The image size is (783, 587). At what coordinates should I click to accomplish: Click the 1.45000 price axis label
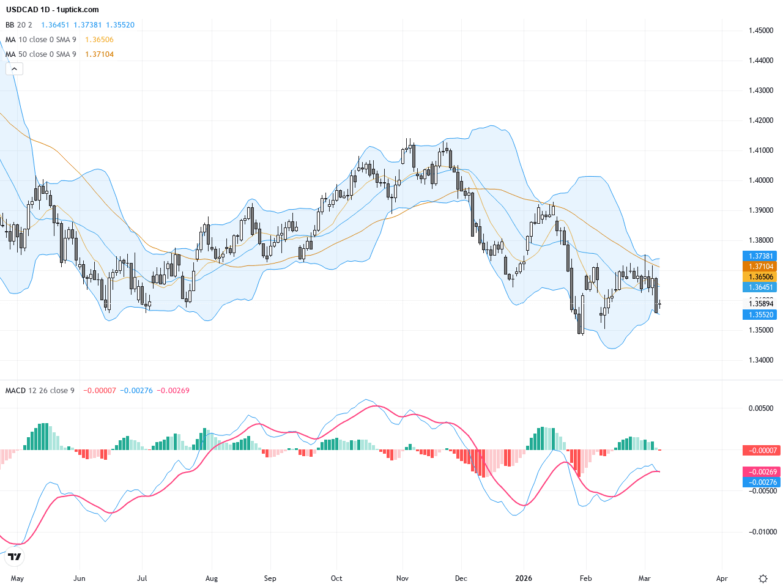tap(761, 31)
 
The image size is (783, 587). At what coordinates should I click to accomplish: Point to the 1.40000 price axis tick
tap(761, 180)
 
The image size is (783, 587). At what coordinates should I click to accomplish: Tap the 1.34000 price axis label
tap(761, 360)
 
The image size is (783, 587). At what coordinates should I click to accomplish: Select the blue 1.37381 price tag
tap(761, 256)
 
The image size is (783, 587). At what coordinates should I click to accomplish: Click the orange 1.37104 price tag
tap(761, 267)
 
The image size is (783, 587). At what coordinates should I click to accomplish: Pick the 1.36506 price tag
tap(761, 277)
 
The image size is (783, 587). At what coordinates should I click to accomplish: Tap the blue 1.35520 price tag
tap(761, 315)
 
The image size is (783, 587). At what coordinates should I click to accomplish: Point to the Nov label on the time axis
tap(403, 578)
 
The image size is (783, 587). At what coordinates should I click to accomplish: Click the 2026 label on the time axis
tap(524, 578)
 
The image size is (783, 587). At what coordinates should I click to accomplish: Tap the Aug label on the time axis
tap(212, 578)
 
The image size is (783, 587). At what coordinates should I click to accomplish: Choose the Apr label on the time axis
tap(722, 578)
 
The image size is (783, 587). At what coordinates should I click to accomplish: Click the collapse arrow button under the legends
tap(14, 69)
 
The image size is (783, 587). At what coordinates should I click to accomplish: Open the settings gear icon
tap(763, 578)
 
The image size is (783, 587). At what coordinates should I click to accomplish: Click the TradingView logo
tap(15, 556)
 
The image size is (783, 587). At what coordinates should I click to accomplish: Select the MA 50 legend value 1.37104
tap(99, 54)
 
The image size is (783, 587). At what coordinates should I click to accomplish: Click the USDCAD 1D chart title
tap(52, 10)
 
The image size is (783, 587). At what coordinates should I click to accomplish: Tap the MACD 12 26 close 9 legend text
tap(40, 391)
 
